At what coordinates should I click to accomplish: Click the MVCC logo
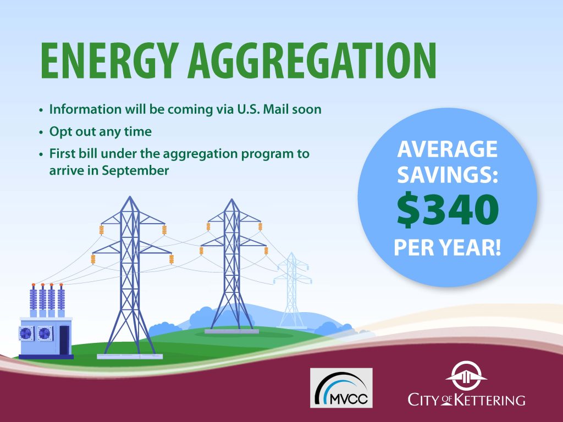(x=341, y=387)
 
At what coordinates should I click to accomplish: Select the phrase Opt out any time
(x=100, y=132)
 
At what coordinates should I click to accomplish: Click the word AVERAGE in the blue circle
(x=447, y=149)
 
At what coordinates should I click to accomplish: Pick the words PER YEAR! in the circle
(x=447, y=248)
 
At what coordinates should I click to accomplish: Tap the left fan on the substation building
(x=27, y=333)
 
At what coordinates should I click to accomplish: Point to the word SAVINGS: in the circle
(x=447, y=175)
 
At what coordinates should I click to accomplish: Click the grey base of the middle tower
(x=231, y=331)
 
